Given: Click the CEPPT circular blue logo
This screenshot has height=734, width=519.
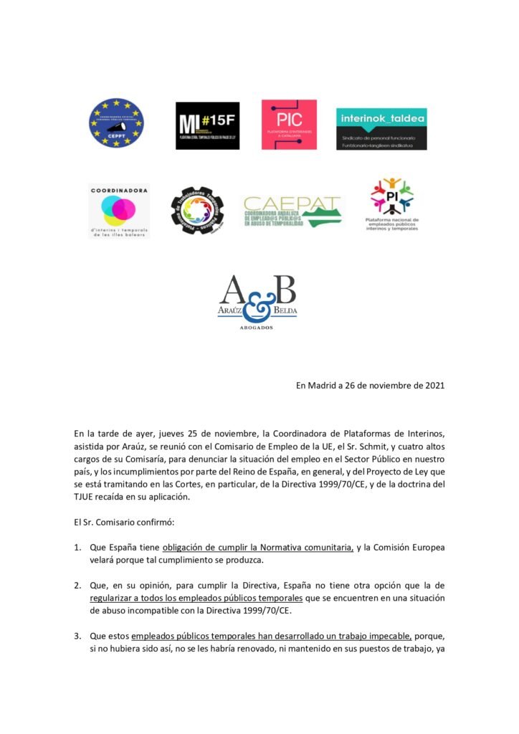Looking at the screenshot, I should point(116,123).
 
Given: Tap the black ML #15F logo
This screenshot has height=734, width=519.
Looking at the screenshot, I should point(207,125).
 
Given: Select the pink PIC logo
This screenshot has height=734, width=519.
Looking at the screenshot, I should point(289,125).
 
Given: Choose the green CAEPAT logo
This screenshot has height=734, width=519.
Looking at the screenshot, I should point(292,211).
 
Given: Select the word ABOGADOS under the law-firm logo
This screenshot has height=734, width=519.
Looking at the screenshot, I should point(257,327).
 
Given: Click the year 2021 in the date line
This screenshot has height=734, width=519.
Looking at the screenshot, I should point(434,385).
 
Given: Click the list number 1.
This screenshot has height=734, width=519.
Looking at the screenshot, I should point(77,547).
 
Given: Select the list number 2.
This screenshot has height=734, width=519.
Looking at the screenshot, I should point(77,586).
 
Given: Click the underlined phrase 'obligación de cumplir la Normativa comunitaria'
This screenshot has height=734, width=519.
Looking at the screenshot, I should point(258,547).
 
